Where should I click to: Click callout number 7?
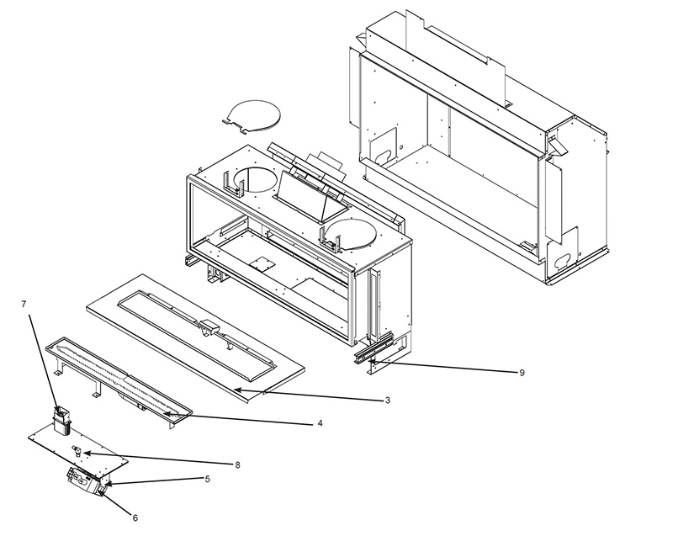click(24, 305)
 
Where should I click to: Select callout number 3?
click(387, 401)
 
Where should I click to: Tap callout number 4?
click(321, 424)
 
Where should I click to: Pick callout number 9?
click(522, 373)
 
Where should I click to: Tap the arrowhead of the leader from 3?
click(236, 389)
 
